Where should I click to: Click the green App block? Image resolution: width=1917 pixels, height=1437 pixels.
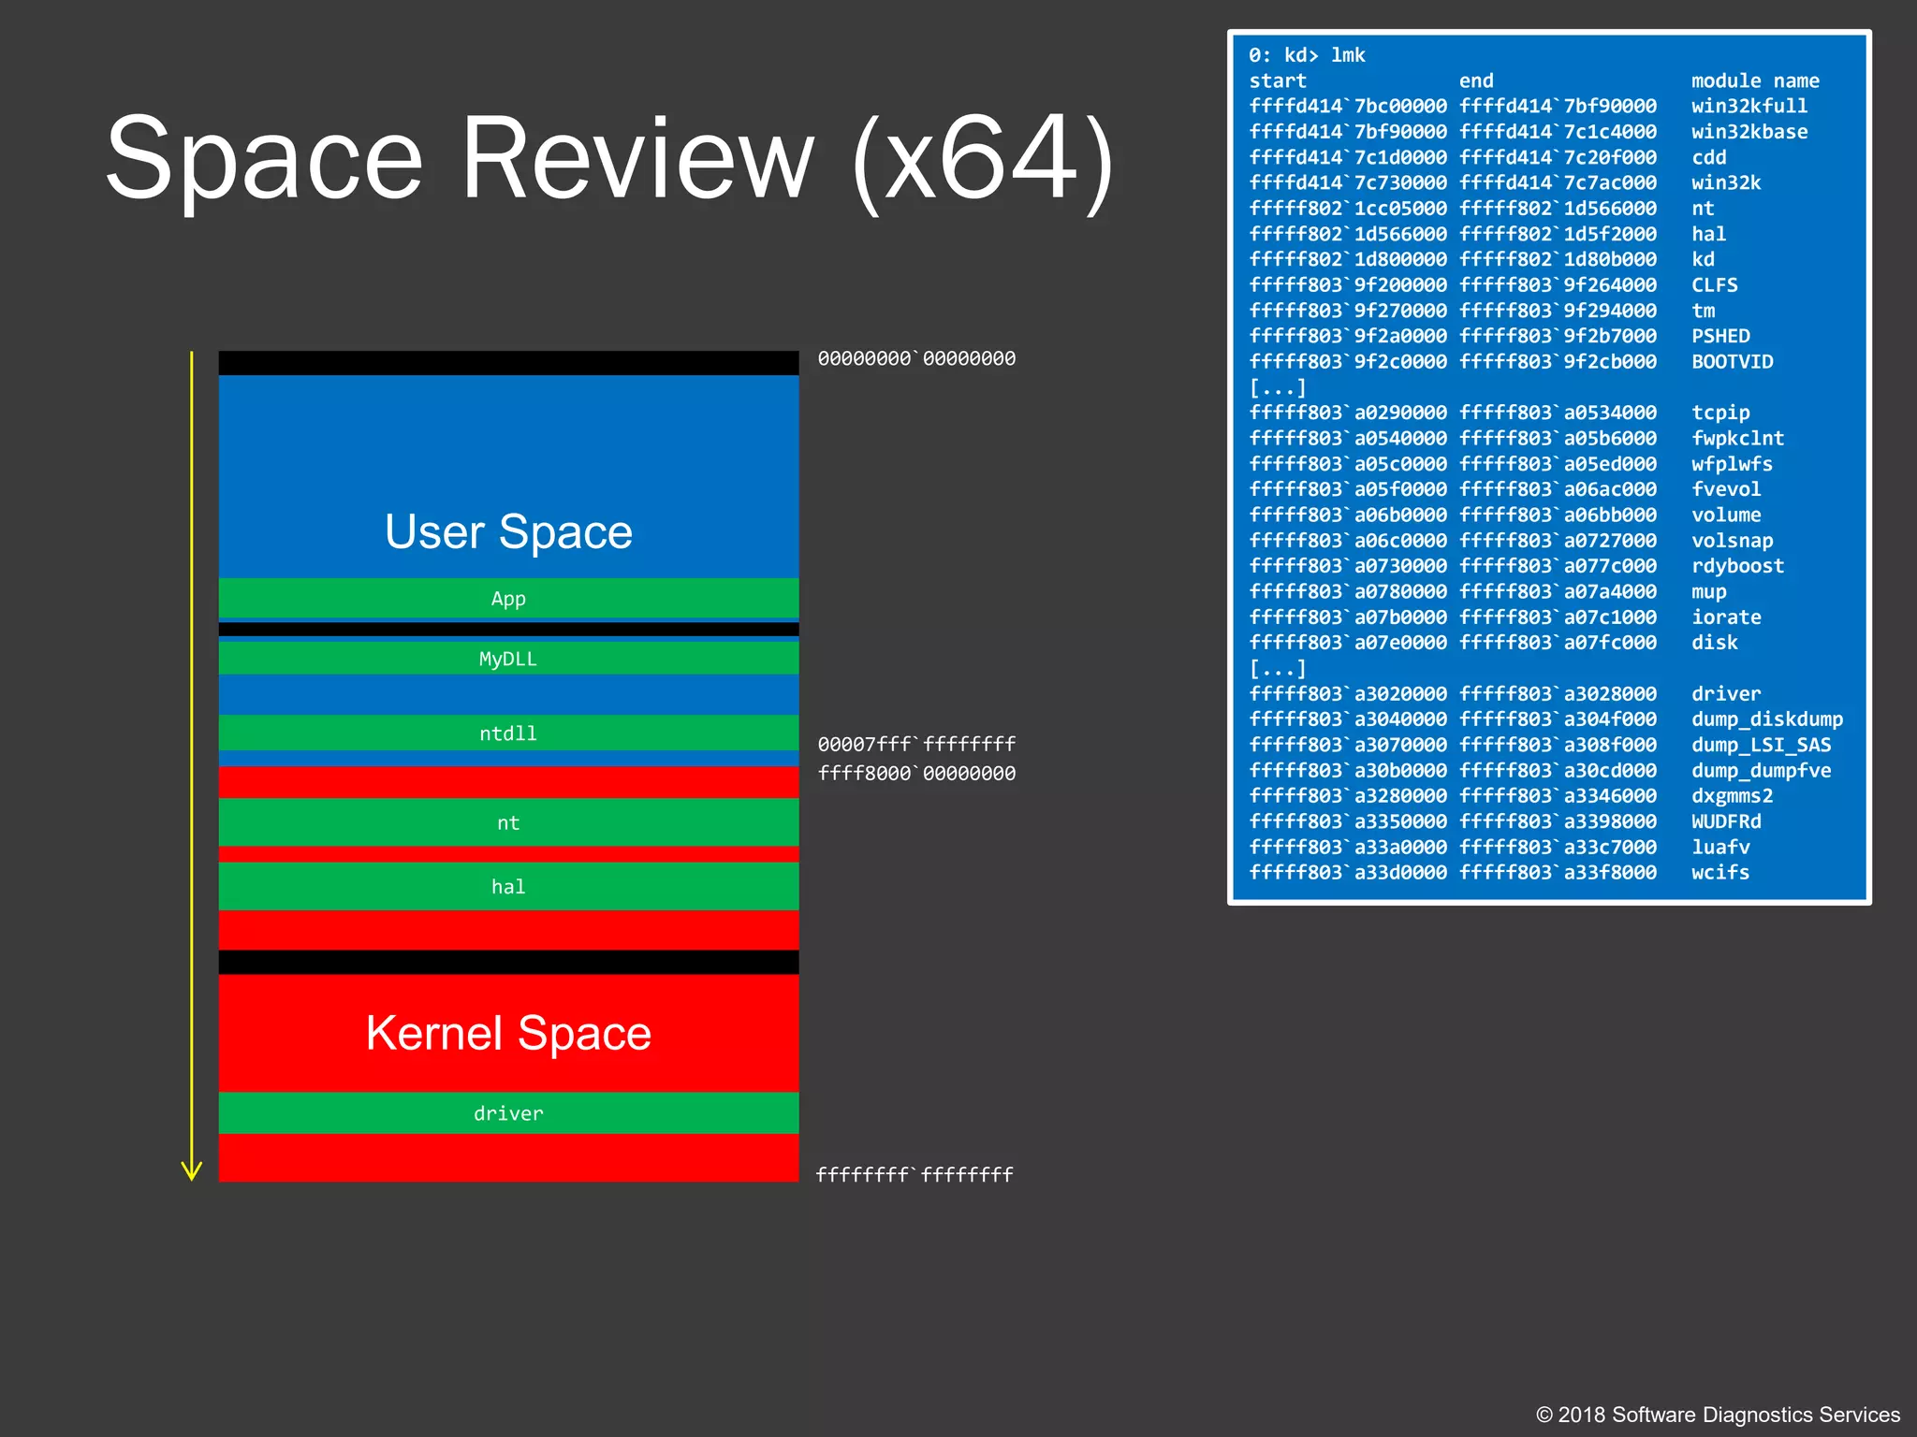[508, 599]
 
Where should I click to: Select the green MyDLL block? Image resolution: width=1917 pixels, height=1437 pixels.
[508, 659]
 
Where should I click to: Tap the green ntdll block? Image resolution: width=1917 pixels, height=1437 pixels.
[508, 733]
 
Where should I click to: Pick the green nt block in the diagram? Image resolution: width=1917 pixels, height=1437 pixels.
[508, 822]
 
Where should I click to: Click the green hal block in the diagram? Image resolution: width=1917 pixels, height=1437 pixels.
[508, 886]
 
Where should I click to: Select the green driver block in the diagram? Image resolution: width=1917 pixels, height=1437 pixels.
[508, 1113]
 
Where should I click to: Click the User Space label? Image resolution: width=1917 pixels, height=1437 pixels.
[508, 531]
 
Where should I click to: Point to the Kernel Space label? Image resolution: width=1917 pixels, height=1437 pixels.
[508, 1033]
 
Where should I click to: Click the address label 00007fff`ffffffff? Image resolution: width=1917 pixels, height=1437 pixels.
[916, 745]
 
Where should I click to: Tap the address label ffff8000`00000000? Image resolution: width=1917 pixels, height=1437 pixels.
[916, 774]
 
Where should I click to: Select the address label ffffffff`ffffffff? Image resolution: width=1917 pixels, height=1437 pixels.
[915, 1175]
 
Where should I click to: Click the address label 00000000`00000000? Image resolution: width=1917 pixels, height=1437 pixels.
[916, 359]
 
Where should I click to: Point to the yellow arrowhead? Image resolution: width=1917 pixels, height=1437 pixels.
[192, 1170]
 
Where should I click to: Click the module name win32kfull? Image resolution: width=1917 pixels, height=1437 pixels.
[1749, 107]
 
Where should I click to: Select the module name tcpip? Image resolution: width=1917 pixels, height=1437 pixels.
[1720, 413]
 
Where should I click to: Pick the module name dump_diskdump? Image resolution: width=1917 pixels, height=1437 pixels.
[1766, 719]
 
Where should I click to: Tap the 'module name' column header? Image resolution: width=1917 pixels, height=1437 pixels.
[1755, 81]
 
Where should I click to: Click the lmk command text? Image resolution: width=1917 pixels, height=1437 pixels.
[1348, 56]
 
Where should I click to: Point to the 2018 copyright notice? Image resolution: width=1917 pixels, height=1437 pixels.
[1718, 1415]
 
